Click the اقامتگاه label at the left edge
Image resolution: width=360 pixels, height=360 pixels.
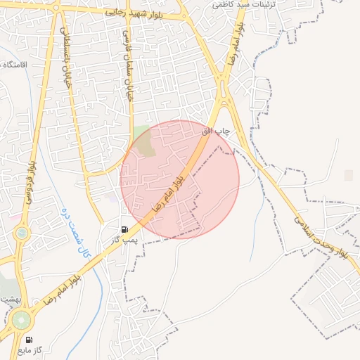pyautogui.click(x=13, y=65)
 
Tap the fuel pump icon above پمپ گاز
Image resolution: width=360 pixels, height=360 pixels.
pyautogui.click(x=124, y=229)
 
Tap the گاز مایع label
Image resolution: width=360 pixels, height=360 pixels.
pyautogui.click(x=32, y=349)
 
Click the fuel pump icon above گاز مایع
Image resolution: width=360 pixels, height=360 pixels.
pyautogui.click(x=29, y=339)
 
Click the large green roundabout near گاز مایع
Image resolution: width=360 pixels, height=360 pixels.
pyautogui.click(x=21, y=321)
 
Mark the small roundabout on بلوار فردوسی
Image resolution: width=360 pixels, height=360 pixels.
pyautogui.click(x=22, y=232)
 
